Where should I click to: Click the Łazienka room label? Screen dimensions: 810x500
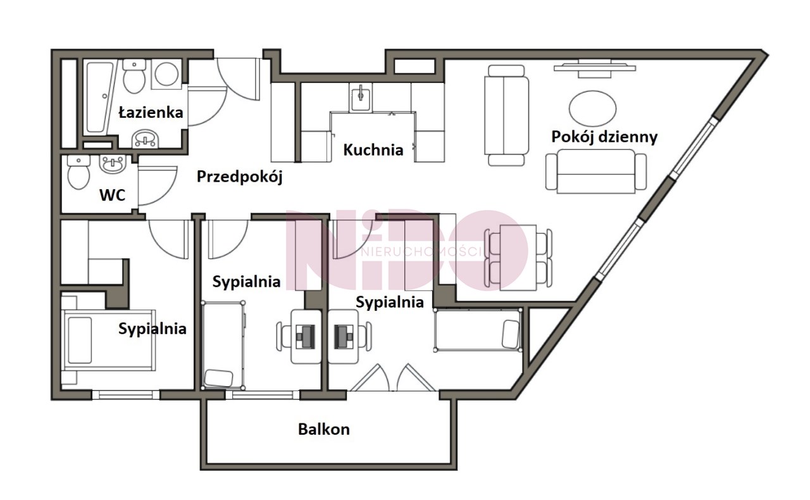pos(151,113)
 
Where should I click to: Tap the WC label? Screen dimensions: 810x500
pos(113,196)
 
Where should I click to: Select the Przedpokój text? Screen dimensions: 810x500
pos(239,177)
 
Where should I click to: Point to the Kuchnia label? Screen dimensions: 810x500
pos(373,150)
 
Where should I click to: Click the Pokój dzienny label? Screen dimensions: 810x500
pos(604,137)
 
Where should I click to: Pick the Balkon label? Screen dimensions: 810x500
pos(323,430)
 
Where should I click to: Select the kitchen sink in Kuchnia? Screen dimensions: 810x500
pos(361,97)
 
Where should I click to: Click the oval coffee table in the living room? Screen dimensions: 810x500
pos(592,108)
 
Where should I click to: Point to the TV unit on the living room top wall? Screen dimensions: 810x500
pos(594,69)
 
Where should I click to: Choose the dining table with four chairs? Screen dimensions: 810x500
pos(518,257)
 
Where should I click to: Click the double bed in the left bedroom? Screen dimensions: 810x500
pos(108,340)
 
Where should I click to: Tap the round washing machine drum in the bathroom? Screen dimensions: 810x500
pos(166,74)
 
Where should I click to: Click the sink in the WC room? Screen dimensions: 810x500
pos(113,165)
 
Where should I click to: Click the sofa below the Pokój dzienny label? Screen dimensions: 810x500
pos(596,172)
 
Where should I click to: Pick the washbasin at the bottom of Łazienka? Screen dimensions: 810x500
pos(146,139)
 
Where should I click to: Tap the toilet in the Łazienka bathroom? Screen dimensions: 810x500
pos(134,77)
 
